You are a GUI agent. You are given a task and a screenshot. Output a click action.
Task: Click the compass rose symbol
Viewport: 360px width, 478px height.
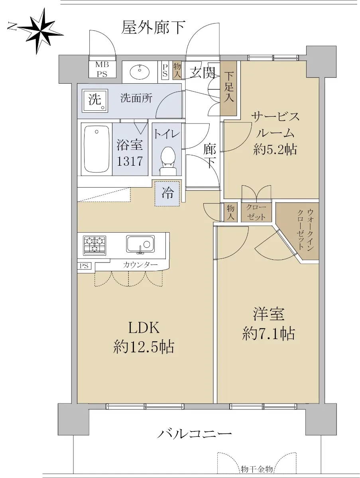[x=40, y=31]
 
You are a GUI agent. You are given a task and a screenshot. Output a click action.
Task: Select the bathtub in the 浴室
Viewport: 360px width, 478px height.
[x=96, y=149]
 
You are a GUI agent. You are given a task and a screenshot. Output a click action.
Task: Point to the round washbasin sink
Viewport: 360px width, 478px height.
[x=140, y=71]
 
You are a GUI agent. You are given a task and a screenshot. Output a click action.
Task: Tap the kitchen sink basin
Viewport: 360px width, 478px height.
[x=140, y=244]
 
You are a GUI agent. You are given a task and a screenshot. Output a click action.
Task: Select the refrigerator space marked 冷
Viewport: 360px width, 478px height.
[x=167, y=193]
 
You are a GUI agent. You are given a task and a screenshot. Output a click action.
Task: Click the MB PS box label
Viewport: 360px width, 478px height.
[x=102, y=69]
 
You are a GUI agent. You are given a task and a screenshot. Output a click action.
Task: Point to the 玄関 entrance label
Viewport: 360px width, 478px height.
[x=203, y=72]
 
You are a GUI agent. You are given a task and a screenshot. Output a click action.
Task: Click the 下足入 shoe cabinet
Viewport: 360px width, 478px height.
[x=228, y=88]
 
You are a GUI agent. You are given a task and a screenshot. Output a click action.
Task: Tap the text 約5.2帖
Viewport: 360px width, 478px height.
[x=275, y=150]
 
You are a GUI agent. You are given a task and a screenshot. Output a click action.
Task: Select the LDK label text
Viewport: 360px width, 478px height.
[x=144, y=328]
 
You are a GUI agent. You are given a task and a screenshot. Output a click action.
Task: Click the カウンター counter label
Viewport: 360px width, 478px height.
[x=140, y=264]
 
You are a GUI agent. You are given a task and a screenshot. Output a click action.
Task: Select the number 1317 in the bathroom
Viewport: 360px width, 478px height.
[x=130, y=161]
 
